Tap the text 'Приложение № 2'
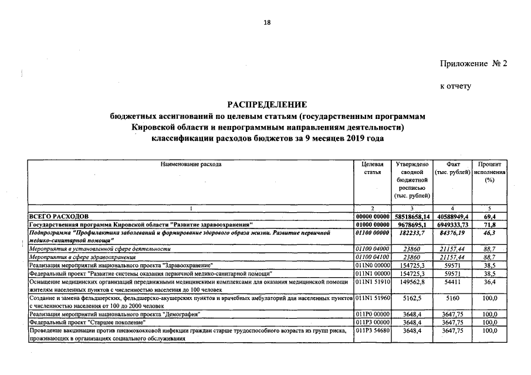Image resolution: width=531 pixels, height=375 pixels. coord(472,63)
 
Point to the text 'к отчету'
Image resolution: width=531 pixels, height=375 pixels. coord(455,86)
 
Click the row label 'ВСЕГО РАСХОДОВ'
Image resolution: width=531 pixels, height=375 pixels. coord(58,217)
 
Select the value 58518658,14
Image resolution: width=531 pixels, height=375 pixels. coord(413,217)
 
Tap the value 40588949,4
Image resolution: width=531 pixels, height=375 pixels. coord(452,217)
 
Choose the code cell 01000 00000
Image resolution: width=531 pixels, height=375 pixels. coord(373,225)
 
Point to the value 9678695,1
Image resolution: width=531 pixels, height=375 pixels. coord(413,225)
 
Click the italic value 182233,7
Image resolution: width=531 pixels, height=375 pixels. coord(413,233)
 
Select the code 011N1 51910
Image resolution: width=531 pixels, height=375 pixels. coord(373,282)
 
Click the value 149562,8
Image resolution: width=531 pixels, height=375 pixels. coord(413,282)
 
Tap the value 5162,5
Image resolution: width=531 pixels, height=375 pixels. coord(413,298)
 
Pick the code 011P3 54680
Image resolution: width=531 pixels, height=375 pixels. coord(373,330)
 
